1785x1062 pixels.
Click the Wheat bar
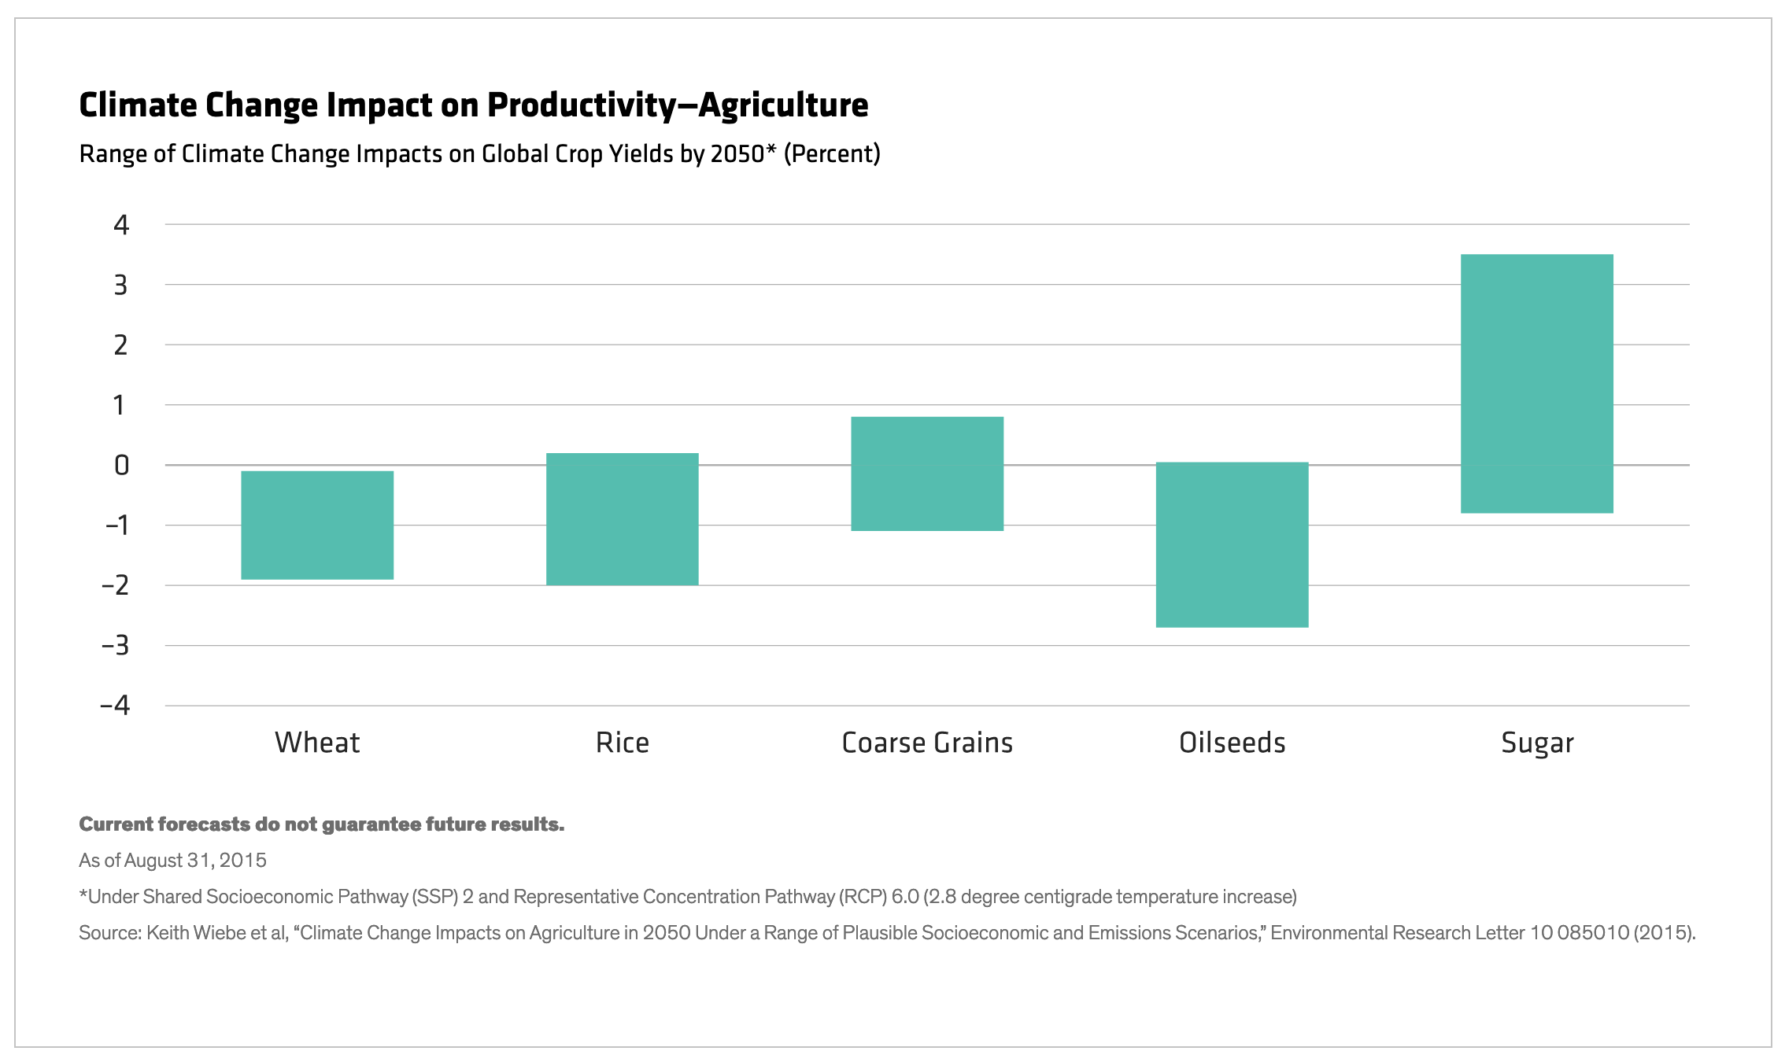point(317,525)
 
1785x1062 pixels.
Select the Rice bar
point(623,519)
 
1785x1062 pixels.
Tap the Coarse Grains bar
point(927,474)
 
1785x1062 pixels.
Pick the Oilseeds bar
point(1232,544)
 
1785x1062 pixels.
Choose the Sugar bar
point(1536,384)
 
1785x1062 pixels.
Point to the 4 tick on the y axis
point(121,225)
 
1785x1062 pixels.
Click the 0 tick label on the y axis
point(121,466)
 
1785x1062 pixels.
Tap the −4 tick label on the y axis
point(116,706)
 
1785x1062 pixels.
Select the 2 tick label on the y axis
point(121,345)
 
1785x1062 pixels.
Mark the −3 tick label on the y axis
point(116,646)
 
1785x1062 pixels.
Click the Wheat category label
point(317,743)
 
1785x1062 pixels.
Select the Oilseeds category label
point(1232,743)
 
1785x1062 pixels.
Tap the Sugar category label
point(1537,743)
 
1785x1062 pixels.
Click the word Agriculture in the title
point(783,105)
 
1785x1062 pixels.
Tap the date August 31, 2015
point(195,861)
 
